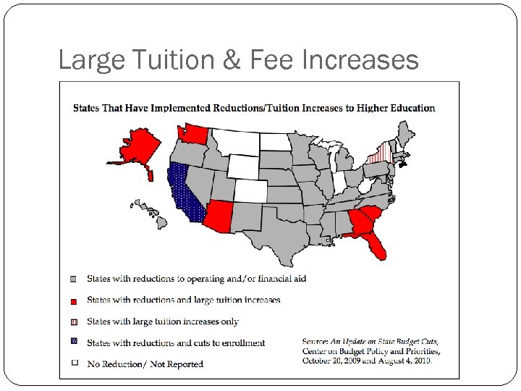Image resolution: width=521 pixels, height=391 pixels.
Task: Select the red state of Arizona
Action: [x=219, y=215]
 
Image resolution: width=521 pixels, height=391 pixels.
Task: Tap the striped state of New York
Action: [x=377, y=153]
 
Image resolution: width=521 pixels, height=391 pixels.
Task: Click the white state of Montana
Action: [x=236, y=141]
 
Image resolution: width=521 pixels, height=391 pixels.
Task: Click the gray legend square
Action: [x=73, y=278]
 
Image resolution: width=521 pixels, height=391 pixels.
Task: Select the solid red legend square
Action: [x=73, y=299]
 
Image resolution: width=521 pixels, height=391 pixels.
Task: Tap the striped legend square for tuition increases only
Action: [x=73, y=321]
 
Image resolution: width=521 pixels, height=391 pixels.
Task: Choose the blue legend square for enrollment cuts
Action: [x=73, y=342]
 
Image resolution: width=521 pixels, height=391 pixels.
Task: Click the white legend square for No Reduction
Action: [x=73, y=363]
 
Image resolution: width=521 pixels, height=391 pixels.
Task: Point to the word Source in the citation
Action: [x=315, y=340]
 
